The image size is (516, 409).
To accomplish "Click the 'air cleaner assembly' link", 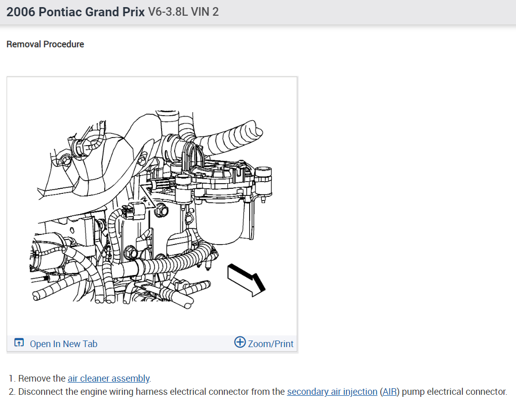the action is [108, 379].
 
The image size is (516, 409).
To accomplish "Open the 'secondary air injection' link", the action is [332, 392].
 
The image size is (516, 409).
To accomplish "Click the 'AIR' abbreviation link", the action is [389, 392].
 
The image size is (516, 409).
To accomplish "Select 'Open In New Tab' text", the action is [63, 344].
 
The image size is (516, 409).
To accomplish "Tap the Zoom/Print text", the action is [270, 344].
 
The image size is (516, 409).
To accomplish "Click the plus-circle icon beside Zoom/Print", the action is [240, 343].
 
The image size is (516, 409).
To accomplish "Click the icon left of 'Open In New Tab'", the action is [19, 343].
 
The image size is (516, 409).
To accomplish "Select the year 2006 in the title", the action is [21, 12].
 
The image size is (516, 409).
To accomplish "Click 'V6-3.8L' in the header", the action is [168, 12].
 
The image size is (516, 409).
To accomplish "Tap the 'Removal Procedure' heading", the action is [45, 44].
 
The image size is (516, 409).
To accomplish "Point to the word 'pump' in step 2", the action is [413, 392].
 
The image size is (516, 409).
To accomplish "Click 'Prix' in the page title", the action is [133, 12].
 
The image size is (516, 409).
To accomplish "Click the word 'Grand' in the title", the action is [103, 12].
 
